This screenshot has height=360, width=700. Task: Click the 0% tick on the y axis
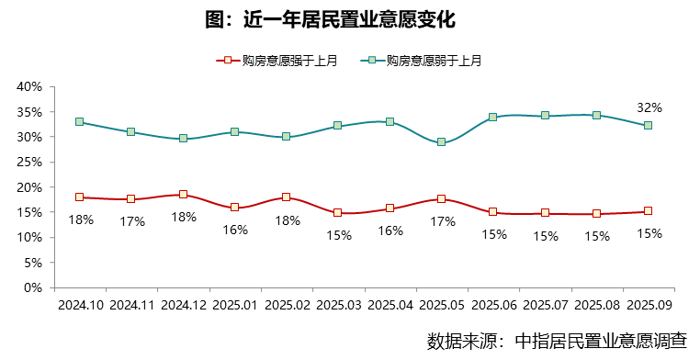pos(34,287)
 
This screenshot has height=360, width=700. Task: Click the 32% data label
pos(649,107)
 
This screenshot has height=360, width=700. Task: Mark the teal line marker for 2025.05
pos(442,142)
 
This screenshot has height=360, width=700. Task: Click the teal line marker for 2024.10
pos(80,122)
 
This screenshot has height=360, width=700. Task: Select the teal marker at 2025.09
pos(649,126)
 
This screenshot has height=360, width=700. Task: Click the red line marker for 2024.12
pos(183,195)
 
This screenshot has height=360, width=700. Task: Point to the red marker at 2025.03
pos(338,213)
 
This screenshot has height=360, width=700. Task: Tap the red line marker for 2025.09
pos(649,211)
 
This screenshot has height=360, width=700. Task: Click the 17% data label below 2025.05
pos(443,221)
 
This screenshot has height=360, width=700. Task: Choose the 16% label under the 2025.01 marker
pos(235,230)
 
